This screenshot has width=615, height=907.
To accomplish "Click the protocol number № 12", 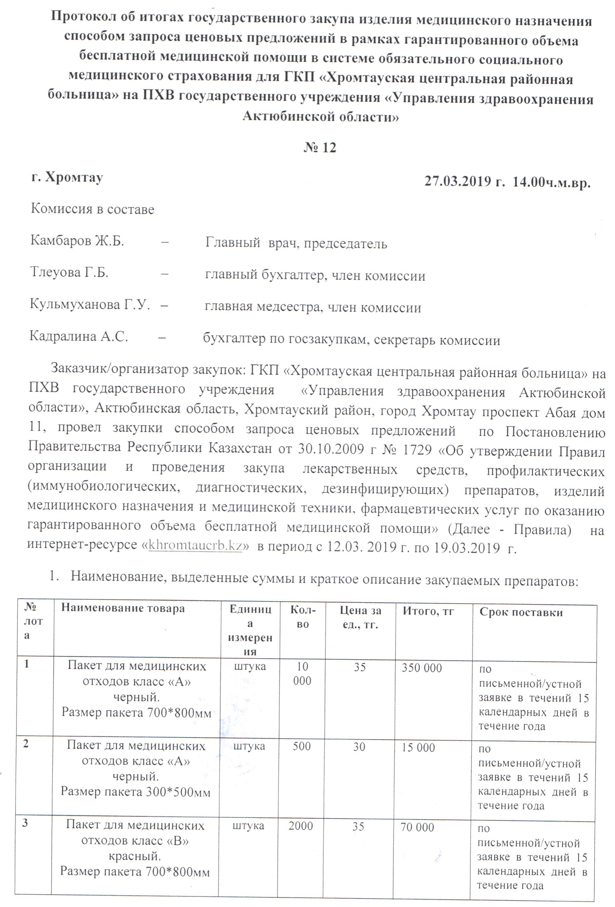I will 320,148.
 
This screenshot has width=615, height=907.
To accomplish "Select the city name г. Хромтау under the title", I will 67,177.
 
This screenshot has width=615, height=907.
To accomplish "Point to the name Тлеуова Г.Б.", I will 69,272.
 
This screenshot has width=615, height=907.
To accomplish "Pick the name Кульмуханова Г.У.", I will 90,305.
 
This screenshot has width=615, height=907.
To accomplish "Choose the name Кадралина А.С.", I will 79,337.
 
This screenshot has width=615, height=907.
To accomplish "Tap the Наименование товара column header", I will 123,608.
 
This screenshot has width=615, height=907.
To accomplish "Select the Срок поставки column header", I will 521,612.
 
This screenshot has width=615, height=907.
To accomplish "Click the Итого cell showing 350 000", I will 422,668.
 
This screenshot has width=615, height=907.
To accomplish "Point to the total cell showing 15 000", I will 418,747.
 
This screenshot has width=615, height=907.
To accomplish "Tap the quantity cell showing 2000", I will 300,826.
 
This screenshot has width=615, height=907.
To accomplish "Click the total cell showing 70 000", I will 417,827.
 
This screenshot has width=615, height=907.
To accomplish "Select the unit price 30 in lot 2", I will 359,747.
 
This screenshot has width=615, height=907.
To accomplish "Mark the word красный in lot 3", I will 134,856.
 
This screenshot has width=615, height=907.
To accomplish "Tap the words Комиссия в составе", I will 93,209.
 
